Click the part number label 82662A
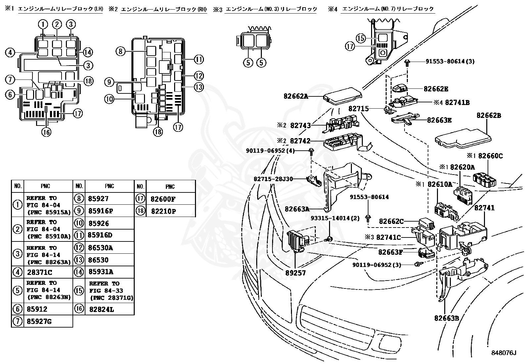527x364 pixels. (x=296, y=96)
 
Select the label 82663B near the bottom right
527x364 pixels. (x=447, y=318)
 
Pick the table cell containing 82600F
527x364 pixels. (x=163, y=199)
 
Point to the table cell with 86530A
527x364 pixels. (x=101, y=247)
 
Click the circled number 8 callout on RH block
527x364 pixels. (x=121, y=51)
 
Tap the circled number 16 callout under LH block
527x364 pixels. (x=46, y=132)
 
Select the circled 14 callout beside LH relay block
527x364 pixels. (x=88, y=52)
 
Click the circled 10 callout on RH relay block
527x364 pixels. (x=109, y=99)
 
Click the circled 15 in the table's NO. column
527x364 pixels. (x=79, y=290)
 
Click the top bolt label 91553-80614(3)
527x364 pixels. (x=450, y=61)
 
